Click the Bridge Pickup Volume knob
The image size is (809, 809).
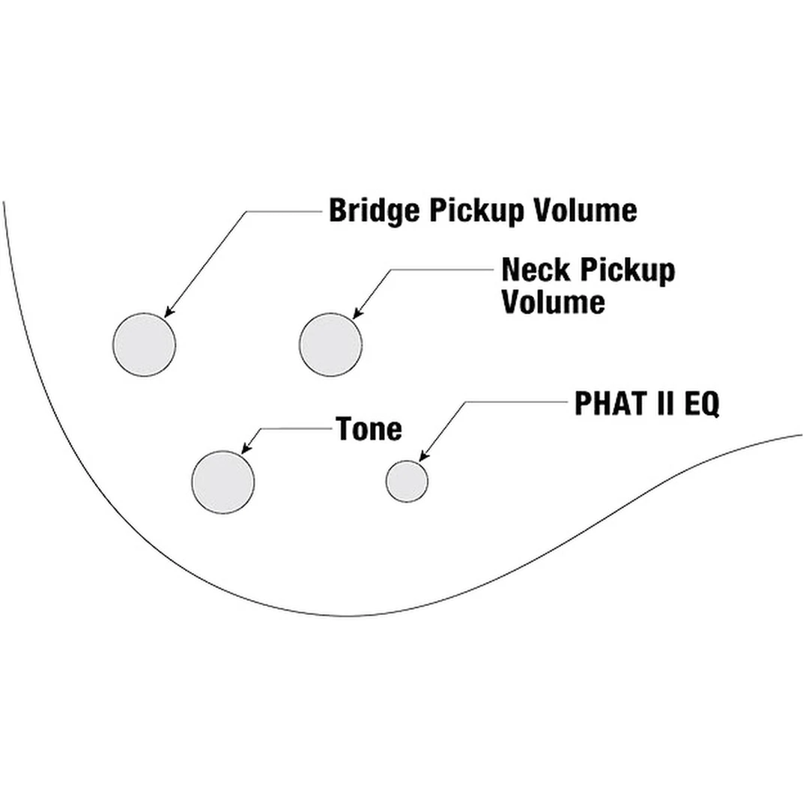[x=145, y=345]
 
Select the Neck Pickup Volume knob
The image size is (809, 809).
[x=330, y=345]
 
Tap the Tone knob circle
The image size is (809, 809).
[x=223, y=482]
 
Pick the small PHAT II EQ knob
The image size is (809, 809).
[x=407, y=481]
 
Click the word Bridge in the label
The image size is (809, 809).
[x=375, y=211]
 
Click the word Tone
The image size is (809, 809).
[x=369, y=429]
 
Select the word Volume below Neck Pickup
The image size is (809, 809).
[x=553, y=303]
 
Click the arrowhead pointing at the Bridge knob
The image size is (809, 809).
[x=168, y=312]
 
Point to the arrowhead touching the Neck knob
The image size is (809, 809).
[x=357, y=313]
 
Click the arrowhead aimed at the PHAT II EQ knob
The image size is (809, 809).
[x=423, y=458]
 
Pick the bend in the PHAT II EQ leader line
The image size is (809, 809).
[x=466, y=402]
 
